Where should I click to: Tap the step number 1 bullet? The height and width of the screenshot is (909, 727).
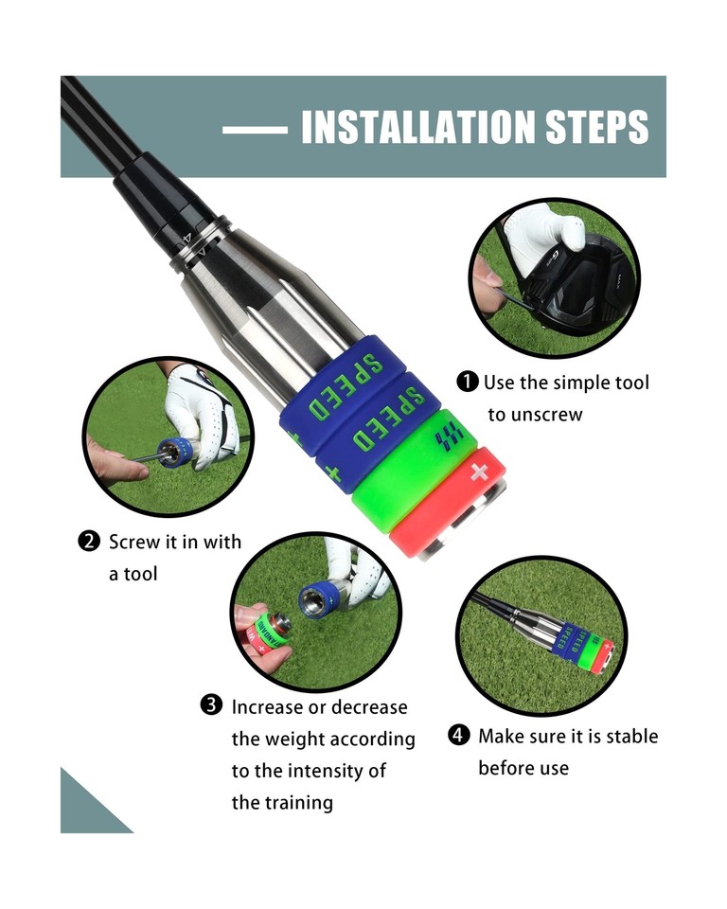pos(468,383)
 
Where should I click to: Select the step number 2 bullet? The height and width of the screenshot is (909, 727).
pos(89,543)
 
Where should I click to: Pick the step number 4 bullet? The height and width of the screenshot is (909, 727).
pos(459,736)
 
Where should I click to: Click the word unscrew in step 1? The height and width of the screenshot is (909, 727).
pos(536,415)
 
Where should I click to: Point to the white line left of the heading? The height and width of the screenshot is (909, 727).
pos(255,129)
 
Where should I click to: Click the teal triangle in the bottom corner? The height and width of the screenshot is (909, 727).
pos(85,810)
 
